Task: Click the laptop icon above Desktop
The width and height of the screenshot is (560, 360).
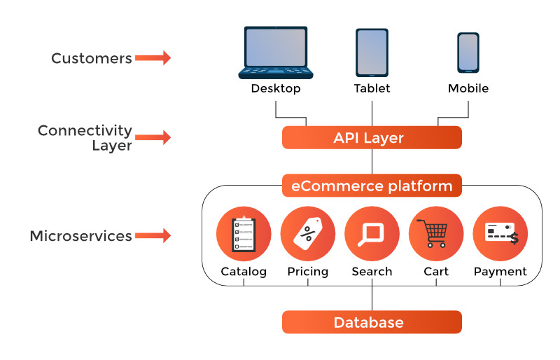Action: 276,53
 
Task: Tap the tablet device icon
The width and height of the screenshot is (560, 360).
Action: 372,53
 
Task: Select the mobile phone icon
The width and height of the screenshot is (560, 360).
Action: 468,52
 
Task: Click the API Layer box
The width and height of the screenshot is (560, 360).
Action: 372,137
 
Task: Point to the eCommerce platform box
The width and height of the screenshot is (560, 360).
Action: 372,186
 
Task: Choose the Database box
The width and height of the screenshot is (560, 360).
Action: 372,322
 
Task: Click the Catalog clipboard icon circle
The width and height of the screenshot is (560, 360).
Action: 244,234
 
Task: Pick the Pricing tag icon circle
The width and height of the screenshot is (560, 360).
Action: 308,234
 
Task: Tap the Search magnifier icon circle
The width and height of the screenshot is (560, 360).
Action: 372,234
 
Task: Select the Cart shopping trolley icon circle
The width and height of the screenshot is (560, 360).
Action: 436,234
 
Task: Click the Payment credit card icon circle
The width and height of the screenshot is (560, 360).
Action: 500,234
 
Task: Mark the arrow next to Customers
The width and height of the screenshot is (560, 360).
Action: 153,58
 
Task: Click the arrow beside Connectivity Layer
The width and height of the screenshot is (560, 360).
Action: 153,137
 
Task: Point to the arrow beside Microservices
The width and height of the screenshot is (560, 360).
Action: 153,236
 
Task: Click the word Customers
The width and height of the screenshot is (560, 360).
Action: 92,58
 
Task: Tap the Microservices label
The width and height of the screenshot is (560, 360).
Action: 80,236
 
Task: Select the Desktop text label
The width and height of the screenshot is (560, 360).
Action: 276,89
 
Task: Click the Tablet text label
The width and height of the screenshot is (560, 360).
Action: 372,89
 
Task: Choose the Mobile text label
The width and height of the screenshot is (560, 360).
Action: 468,89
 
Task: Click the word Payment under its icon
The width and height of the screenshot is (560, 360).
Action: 500,272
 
